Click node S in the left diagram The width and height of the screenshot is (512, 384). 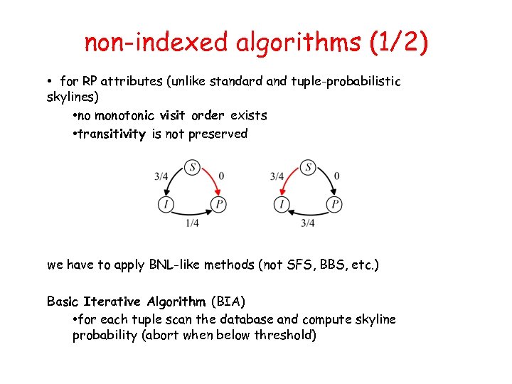coord(192,167)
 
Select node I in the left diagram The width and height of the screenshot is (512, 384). coord(166,205)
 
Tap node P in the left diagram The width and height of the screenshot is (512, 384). coord(219,205)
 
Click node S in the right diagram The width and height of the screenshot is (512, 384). coord(308,167)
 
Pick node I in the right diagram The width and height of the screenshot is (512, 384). coord(282,205)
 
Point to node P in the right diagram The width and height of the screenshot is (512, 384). coord(335,205)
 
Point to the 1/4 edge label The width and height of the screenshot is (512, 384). coord(192,223)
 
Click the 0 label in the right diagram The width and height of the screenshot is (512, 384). coord(337,176)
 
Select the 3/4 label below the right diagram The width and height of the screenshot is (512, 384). coord(308,223)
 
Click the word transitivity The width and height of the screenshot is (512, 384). coord(112,134)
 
